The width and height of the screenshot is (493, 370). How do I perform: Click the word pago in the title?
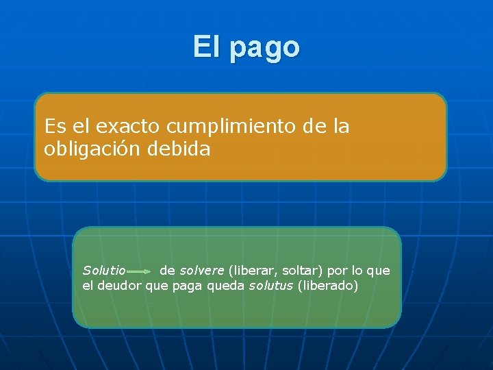(266, 48)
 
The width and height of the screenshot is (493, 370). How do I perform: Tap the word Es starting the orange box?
(54, 127)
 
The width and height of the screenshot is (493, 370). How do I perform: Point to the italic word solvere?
(201, 271)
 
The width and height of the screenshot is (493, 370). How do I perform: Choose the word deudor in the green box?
(119, 286)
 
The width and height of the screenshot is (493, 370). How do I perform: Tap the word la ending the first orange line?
(341, 127)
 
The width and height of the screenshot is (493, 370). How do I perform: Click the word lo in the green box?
(360, 271)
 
